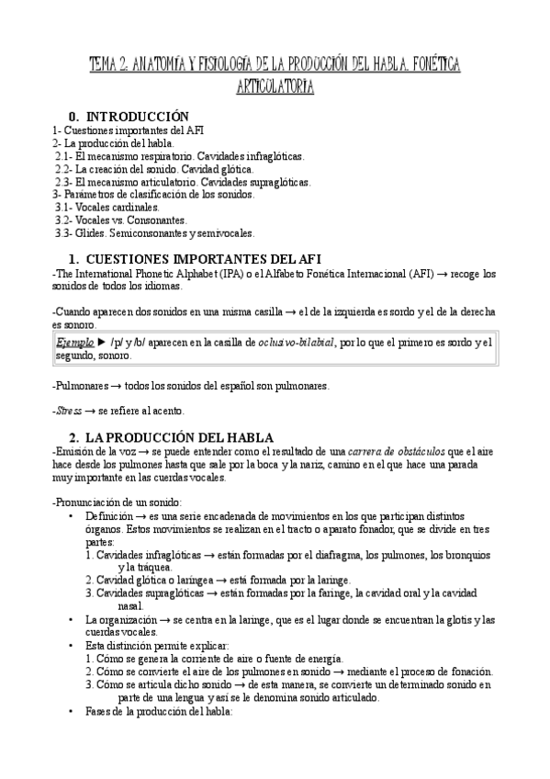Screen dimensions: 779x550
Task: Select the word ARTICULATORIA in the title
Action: click(275, 87)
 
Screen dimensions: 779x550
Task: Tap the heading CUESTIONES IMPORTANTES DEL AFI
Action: click(202, 257)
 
